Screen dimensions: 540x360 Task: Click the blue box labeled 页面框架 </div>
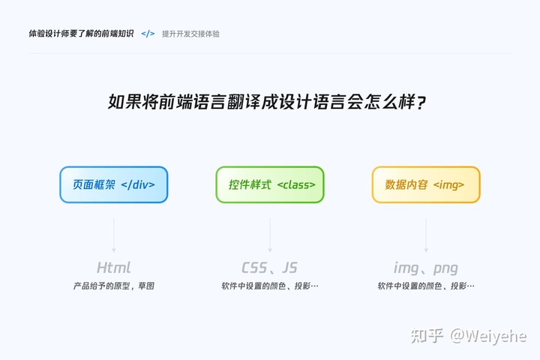click(114, 184)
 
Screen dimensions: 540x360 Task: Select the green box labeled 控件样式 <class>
click(270, 184)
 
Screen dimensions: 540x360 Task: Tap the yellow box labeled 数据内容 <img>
click(426, 184)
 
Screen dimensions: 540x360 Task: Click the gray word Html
click(114, 268)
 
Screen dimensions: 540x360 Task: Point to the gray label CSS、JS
click(270, 268)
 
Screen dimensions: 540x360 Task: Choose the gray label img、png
click(426, 268)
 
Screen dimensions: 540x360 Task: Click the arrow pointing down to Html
click(114, 234)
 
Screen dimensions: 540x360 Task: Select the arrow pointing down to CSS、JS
click(270, 234)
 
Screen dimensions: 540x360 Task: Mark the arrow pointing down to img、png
click(426, 234)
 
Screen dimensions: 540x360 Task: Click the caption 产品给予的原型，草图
click(114, 286)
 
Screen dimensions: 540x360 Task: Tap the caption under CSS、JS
click(270, 286)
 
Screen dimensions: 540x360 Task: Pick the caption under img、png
click(426, 286)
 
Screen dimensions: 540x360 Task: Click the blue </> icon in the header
click(148, 34)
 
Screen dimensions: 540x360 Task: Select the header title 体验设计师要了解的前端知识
click(82, 34)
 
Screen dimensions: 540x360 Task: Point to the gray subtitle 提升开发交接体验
click(190, 34)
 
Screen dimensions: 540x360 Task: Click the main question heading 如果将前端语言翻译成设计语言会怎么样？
click(270, 102)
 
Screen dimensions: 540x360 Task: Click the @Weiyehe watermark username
click(488, 335)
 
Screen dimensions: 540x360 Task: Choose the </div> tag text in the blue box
click(143, 184)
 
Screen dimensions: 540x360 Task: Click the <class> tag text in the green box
click(296, 184)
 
